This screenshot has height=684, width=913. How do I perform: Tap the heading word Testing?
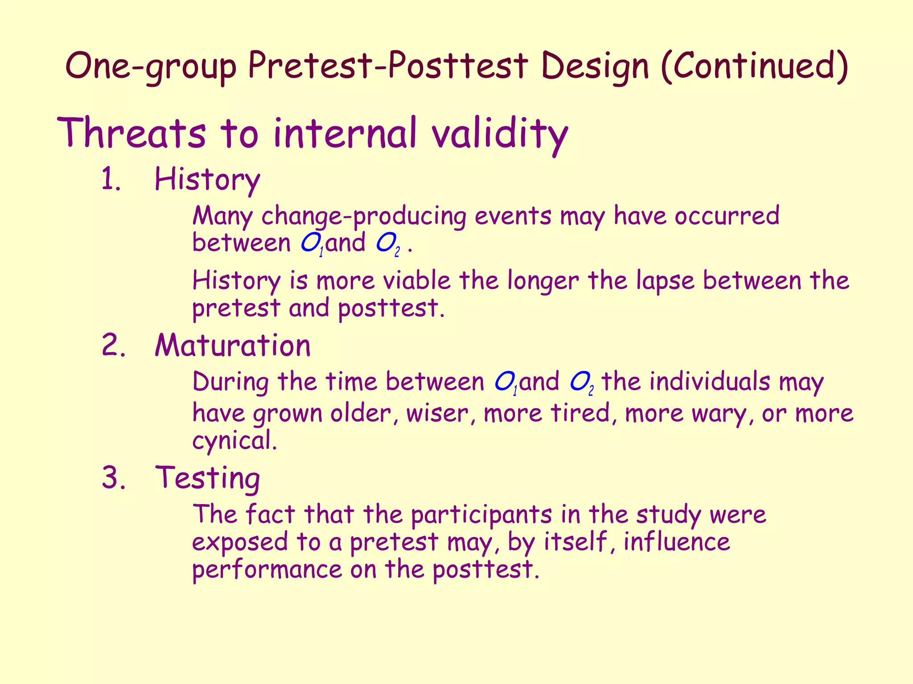click(x=207, y=478)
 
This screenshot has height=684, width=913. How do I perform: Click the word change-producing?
click(x=363, y=216)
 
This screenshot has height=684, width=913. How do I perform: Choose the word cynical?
click(x=234, y=441)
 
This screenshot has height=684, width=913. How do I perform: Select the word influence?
click(x=676, y=542)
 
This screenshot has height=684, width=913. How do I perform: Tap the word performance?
click(x=267, y=570)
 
